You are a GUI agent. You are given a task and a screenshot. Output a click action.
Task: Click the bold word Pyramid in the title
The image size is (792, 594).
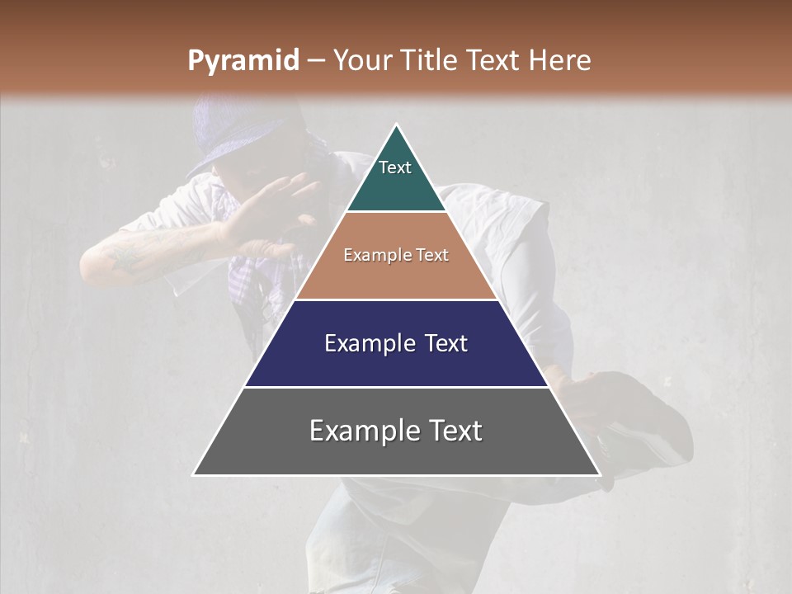[x=243, y=61]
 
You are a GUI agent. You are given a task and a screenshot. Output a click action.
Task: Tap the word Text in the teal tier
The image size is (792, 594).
[x=395, y=167]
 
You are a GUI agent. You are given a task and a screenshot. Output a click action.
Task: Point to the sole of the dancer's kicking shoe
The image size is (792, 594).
[x=652, y=445]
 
